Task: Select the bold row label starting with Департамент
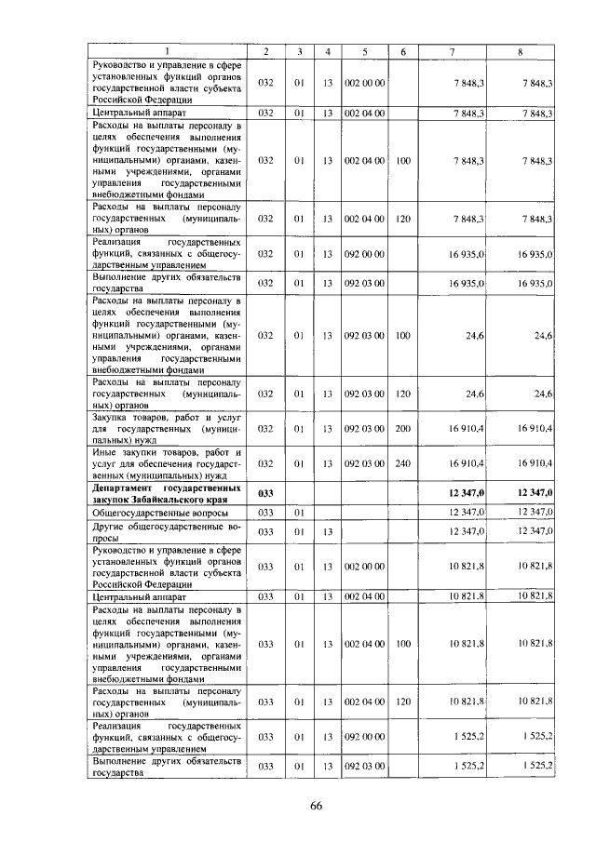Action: (168, 492)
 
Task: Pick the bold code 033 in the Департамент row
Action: (265, 492)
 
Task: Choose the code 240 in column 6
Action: (403, 462)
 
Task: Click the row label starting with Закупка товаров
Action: (168, 429)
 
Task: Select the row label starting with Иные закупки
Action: (168, 462)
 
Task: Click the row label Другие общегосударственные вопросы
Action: (168, 531)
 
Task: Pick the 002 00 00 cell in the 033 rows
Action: (365, 566)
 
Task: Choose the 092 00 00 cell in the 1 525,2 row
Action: (365, 736)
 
